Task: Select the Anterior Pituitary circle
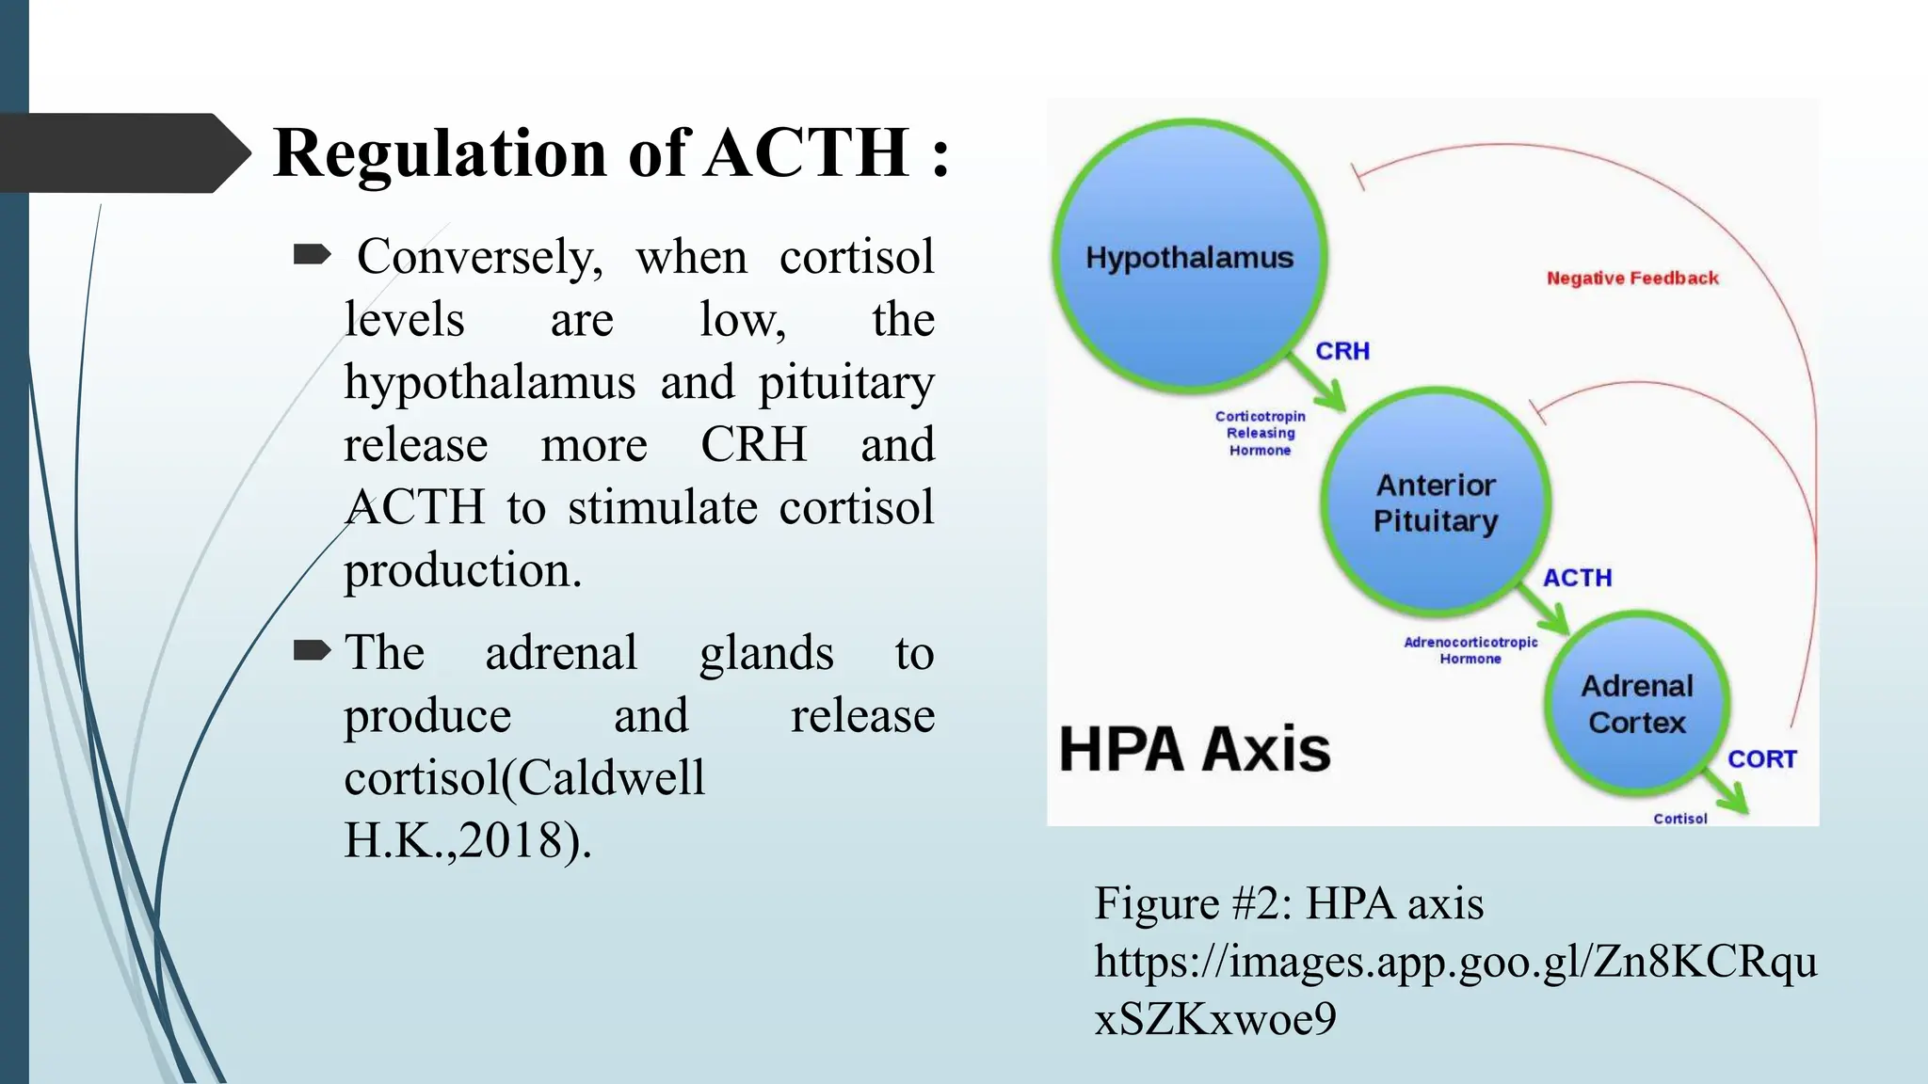coord(1435,502)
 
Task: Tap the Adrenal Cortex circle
coord(1637,704)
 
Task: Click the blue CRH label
coord(1342,351)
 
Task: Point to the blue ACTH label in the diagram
coord(1577,578)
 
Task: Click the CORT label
coord(1761,759)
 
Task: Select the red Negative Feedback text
coord(1632,279)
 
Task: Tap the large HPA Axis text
coord(1195,750)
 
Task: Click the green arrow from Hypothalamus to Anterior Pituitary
coord(1319,385)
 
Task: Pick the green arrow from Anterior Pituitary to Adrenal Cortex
coord(1547,611)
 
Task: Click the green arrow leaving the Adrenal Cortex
coord(1728,795)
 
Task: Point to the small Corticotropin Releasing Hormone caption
coord(1260,433)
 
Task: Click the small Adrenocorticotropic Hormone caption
coord(1470,650)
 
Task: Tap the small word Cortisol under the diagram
coord(1679,819)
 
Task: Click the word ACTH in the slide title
coord(807,152)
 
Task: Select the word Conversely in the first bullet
coord(479,257)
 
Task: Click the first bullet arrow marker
coord(312,254)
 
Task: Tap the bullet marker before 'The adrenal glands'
coord(312,650)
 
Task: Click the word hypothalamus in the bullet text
coord(490,383)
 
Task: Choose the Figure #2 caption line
coord(1288,903)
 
